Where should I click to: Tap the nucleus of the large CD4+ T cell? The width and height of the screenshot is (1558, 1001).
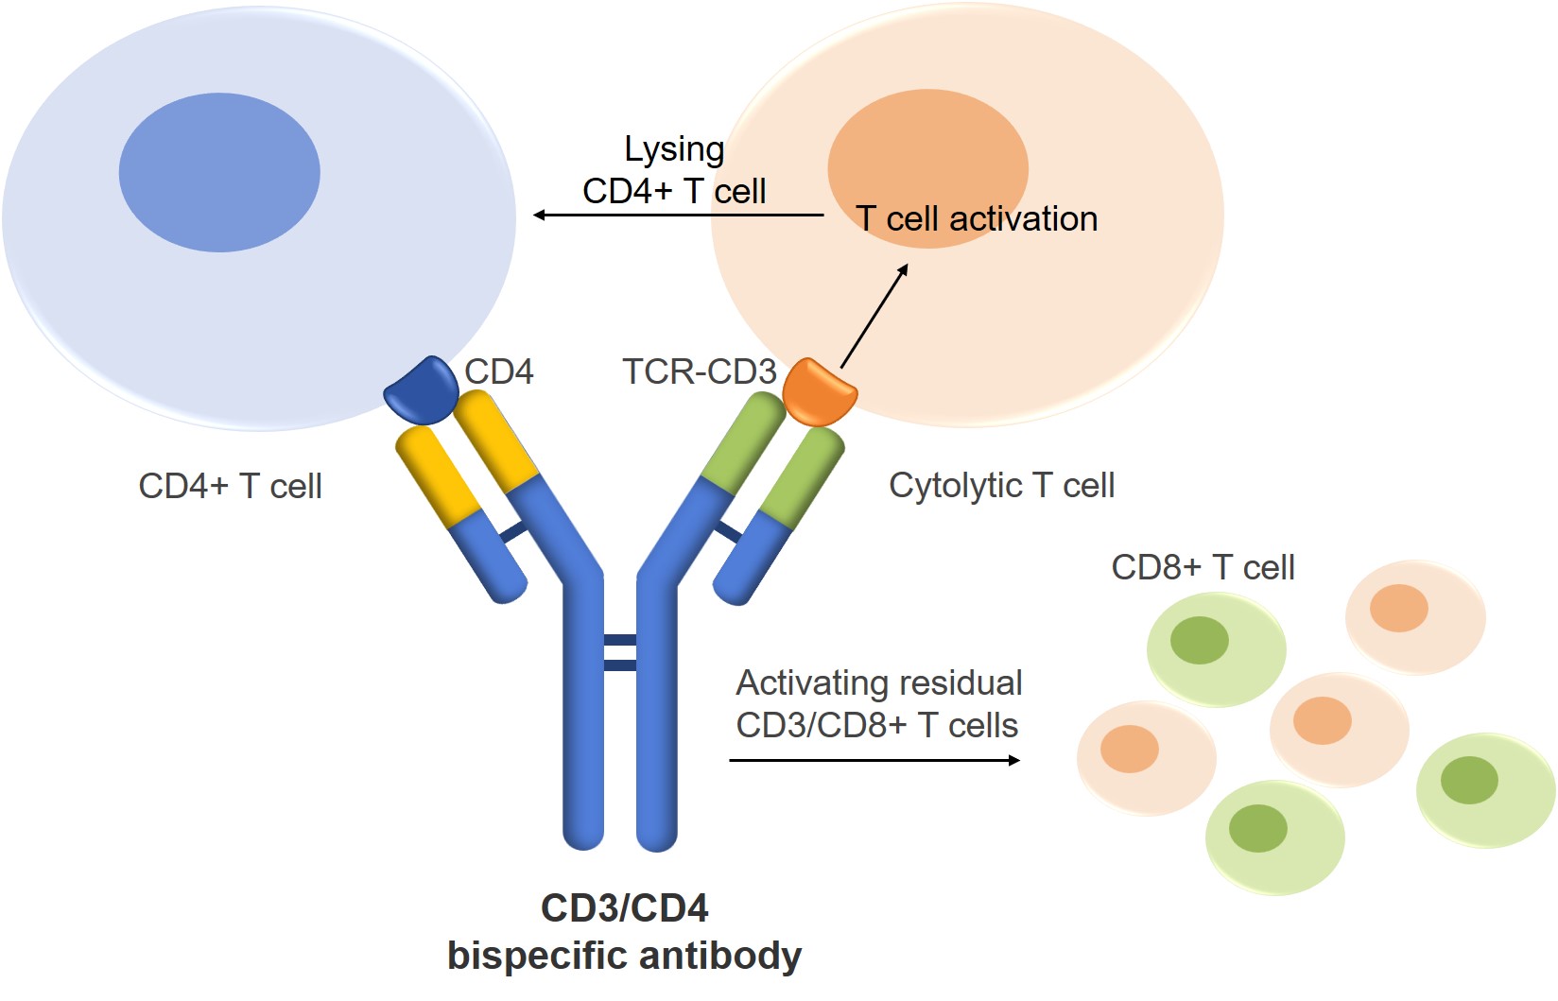pyautogui.click(x=219, y=172)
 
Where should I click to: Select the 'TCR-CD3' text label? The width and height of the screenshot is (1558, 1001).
pyautogui.click(x=699, y=371)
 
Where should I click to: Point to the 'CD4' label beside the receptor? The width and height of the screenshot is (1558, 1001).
pyautogui.click(x=499, y=371)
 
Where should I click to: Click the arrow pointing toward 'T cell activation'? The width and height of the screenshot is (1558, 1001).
pyautogui.click(x=874, y=316)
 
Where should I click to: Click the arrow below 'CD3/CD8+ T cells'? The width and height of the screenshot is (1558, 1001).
pyautogui.click(x=874, y=760)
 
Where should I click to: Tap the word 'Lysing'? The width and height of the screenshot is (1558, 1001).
pyautogui.click(x=674, y=149)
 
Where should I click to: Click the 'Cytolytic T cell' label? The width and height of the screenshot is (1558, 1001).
pyautogui.click(x=1002, y=485)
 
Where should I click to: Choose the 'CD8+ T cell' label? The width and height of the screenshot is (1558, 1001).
pyautogui.click(x=1203, y=567)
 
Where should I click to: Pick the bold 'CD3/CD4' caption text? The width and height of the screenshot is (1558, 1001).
pyautogui.click(x=624, y=907)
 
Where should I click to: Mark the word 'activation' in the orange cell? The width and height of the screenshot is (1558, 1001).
pyautogui.click(x=1024, y=219)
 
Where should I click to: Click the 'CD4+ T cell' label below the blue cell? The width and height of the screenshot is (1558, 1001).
pyautogui.click(x=230, y=486)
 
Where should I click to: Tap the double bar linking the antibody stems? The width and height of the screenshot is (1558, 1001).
pyautogui.click(x=620, y=652)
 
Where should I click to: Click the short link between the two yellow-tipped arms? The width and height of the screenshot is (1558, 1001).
pyautogui.click(x=514, y=532)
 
